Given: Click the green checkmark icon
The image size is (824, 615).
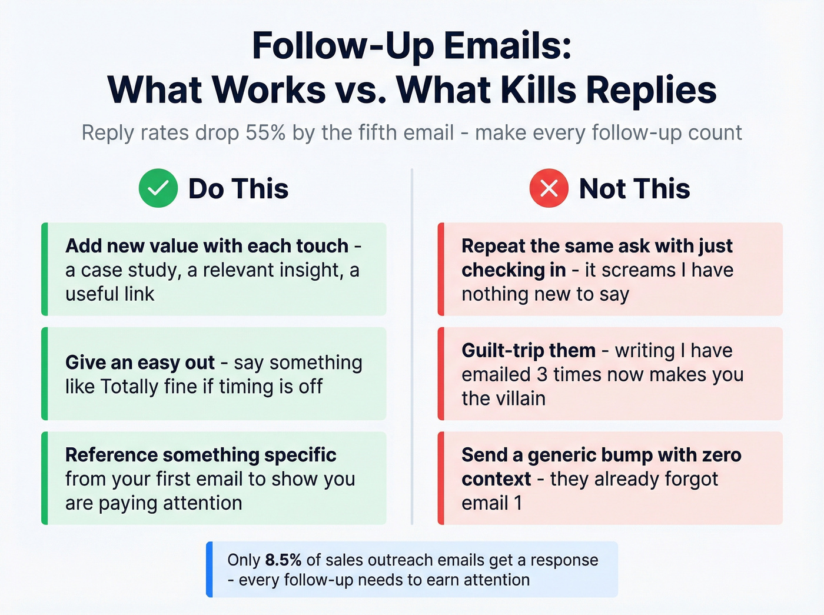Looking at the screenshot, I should (158, 188).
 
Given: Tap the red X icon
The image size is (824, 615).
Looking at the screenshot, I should (549, 188).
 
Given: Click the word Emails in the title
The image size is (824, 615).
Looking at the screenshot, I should (507, 46).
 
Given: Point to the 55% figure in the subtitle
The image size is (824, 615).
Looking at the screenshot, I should (265, 133).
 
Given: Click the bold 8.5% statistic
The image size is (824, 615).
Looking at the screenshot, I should (283, 560).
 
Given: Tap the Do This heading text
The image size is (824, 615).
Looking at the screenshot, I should (238, 189).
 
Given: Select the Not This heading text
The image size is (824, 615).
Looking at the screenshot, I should (634, 189).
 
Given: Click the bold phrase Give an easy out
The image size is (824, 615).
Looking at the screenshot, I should (140, 363).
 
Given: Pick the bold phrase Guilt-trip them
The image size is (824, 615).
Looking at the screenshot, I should (529, 351).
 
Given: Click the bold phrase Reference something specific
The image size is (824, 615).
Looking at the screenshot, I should (201, 455).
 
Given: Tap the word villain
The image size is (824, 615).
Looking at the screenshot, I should (520, 398).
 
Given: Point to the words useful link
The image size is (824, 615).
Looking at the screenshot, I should (110, 294).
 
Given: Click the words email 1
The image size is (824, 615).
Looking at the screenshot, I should (492, 503).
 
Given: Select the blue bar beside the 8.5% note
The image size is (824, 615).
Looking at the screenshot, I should (210, 569).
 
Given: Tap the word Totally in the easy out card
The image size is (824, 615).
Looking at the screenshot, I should (129, 387).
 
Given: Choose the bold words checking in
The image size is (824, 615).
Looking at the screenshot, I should (513, 270).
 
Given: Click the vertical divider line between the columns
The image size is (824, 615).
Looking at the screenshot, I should (412, 347).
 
